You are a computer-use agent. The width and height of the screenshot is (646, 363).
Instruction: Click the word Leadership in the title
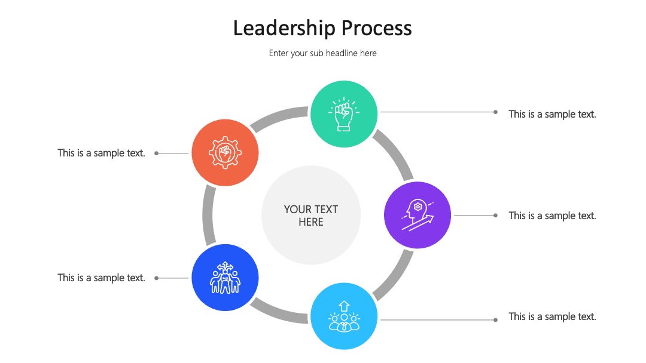tap(284, 29)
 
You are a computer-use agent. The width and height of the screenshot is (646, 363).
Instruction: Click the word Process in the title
tap(377, 29)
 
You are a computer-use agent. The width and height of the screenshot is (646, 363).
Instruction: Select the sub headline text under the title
tap(322, 54)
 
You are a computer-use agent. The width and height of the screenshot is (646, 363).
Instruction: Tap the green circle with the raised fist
tap(344, 114)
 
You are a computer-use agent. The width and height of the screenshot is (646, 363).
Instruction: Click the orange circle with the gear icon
tap(225, 152)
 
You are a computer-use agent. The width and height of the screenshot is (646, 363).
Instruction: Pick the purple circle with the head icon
tap(418, 215)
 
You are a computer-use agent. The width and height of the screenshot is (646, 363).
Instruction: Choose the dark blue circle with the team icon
tap(225, 278)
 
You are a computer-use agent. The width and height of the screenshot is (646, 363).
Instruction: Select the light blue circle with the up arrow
tap(344, 316)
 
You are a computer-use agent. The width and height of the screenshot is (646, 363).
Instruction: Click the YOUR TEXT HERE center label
tap(311, 216)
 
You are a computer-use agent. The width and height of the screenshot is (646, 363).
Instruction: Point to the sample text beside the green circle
tap(552, 114)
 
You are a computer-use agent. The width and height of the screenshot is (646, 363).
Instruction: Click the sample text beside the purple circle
tap(552, 216)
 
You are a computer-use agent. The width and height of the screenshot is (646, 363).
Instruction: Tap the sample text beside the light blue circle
tap(552, 316)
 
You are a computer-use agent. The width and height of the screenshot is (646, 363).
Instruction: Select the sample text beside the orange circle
tap(101, 153)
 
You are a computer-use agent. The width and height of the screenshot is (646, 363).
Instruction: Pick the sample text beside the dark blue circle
tap(101, 278)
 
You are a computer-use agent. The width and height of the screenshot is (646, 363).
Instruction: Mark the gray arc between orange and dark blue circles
tap(207, 215)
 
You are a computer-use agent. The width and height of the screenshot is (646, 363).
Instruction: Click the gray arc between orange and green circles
tap(278, 117)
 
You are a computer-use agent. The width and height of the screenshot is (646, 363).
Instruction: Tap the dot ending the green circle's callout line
tap(496, 112)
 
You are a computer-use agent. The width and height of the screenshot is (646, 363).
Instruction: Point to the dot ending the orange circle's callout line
tap(157, 153)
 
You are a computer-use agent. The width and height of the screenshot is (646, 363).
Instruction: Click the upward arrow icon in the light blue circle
tap(344, 306)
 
